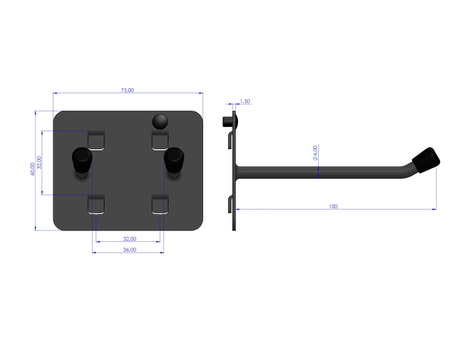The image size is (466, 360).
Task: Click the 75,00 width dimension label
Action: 127,90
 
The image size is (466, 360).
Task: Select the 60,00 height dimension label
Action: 32,168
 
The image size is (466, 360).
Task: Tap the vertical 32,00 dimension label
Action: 39,162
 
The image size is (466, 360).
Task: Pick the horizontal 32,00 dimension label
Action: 130,239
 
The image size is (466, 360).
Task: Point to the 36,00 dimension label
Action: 130,249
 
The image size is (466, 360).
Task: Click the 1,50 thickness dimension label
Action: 245,101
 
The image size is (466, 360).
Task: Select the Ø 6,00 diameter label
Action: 315,152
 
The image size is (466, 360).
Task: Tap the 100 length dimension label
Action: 333,206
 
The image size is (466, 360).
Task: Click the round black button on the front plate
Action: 160,122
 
